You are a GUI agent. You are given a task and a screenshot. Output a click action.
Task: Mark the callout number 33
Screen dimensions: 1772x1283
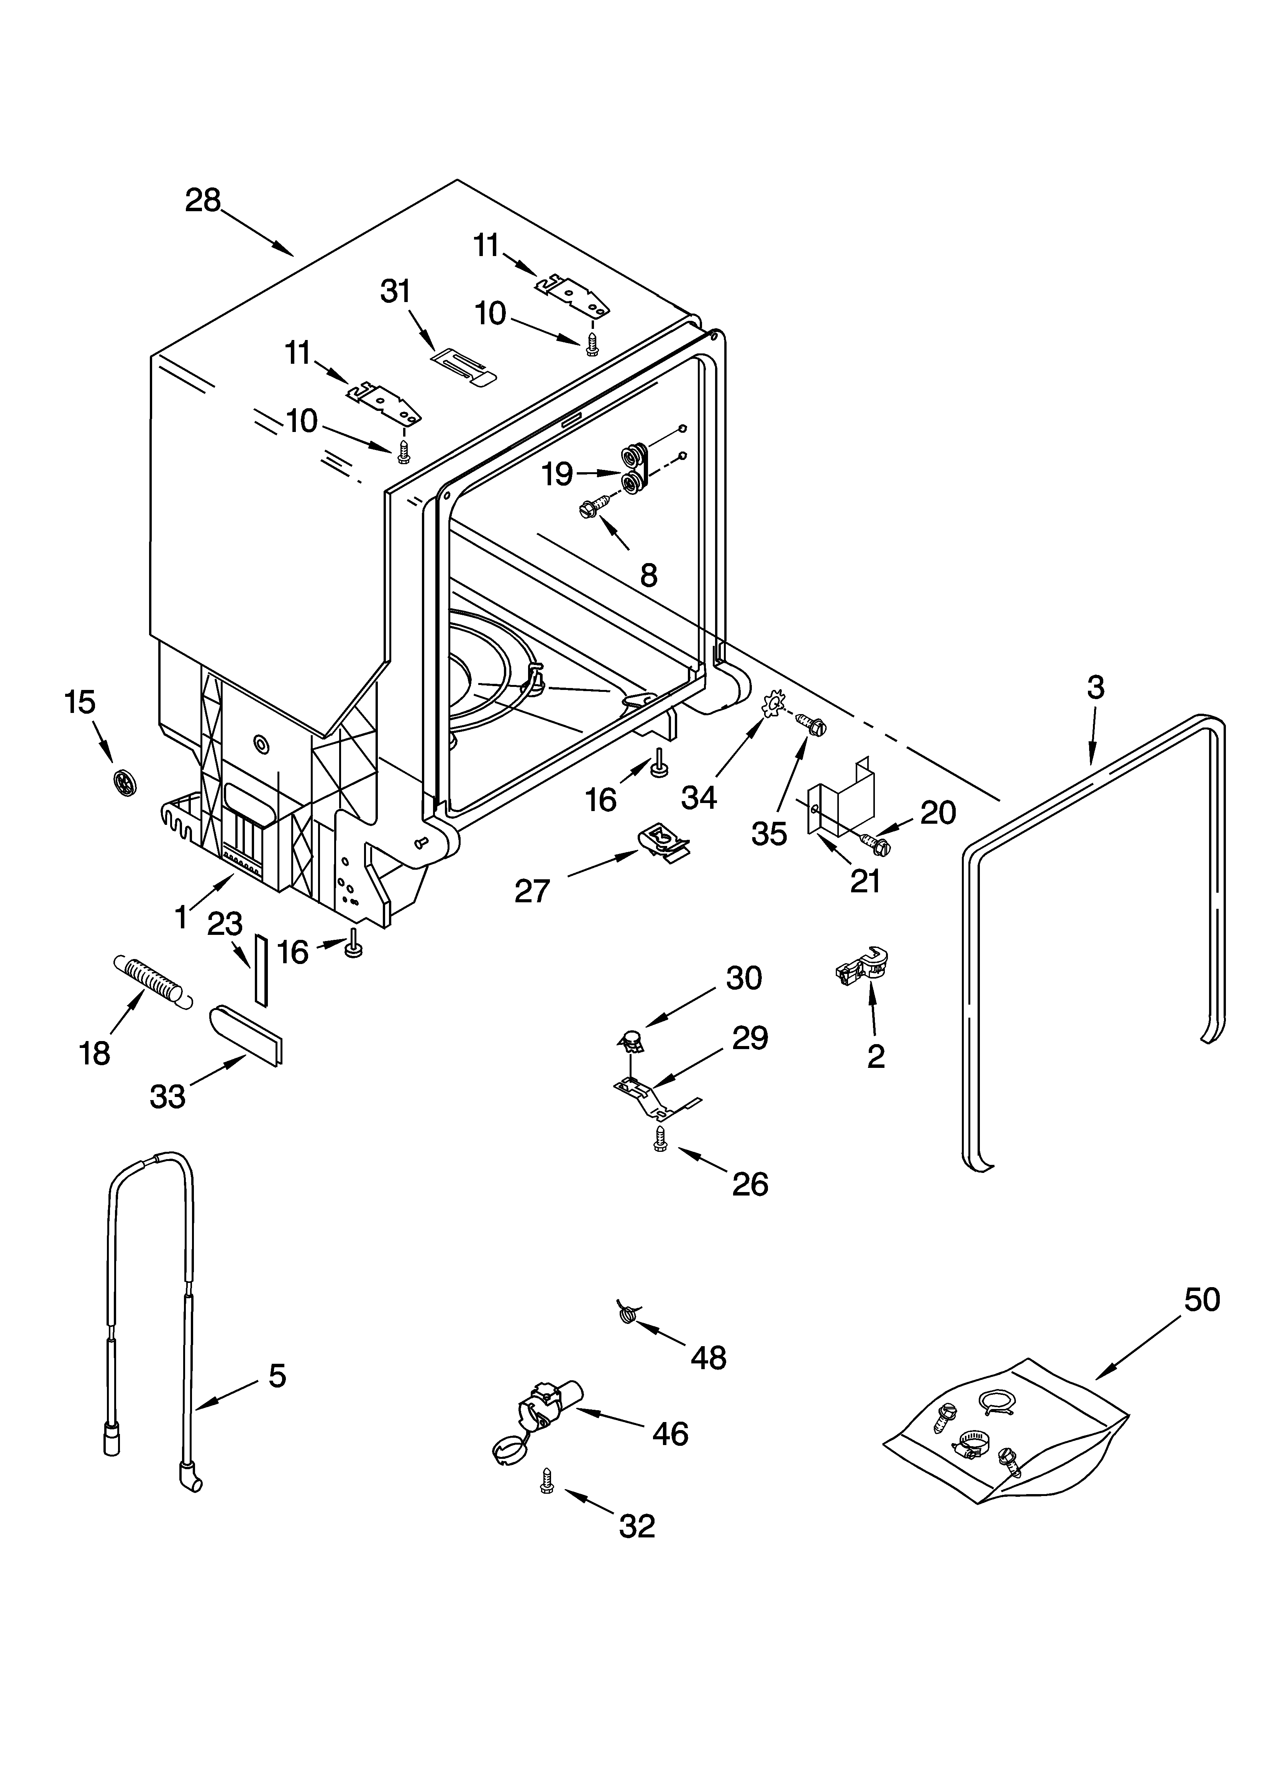click(x=167, y=1096)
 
